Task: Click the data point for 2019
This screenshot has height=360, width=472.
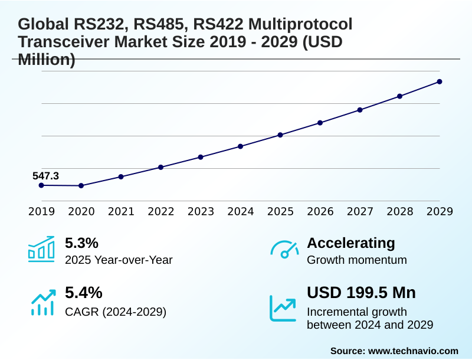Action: coord(41,185)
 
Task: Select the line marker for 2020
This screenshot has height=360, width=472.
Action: coord(81,186)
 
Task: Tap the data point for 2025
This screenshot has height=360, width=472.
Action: coord(280,135)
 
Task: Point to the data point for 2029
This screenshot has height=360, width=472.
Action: coord(440,81)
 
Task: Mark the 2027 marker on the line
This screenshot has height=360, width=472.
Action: coord(360,110)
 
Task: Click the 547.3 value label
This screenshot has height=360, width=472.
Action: coord(45,175)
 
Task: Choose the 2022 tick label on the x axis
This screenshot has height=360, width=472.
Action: coord(160,211)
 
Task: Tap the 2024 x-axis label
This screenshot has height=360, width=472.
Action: coord(241,211)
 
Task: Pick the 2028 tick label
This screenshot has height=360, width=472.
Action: coord(400,211)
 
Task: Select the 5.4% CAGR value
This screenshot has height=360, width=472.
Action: coord(83,293)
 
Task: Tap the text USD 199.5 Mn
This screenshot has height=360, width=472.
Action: coord(361,293)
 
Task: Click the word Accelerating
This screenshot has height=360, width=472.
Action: coord(351,243)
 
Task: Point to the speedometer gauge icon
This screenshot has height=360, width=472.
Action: coord(284,250)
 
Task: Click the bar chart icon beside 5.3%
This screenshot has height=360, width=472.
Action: coord(41,249)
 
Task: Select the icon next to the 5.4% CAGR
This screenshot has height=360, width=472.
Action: coord(42,302)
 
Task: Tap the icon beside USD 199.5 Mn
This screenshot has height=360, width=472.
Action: coord(283,307)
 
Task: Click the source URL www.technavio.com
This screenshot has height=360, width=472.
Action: coord(413,351)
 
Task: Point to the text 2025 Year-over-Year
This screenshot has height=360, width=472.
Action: coord(119,260)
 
